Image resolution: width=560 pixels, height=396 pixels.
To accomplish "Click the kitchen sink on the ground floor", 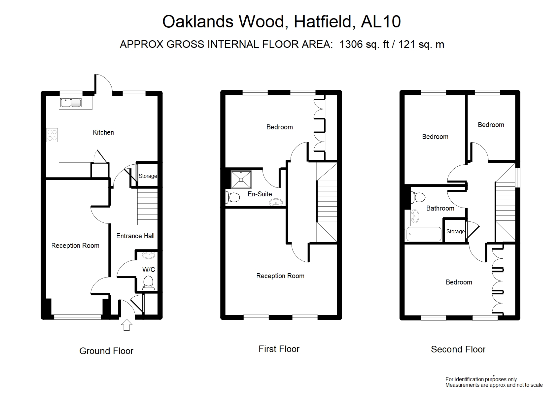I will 71,103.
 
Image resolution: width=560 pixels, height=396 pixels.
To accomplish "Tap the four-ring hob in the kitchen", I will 52,135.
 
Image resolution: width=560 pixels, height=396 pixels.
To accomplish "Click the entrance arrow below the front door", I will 126,325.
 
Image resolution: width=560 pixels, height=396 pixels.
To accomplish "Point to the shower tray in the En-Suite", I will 241,179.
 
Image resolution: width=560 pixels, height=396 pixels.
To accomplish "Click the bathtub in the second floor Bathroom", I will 423,234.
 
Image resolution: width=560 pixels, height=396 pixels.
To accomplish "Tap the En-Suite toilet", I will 233,197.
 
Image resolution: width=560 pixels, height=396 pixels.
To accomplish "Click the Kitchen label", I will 103,132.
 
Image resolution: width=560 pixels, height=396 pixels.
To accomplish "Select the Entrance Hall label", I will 135,236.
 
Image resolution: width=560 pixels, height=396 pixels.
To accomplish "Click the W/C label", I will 149,270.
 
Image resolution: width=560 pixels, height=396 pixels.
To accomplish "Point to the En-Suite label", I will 260,194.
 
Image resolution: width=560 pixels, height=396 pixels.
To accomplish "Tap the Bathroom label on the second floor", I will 440,208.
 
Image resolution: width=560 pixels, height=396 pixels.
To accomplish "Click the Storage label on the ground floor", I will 148,176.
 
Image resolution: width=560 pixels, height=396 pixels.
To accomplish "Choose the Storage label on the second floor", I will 455,232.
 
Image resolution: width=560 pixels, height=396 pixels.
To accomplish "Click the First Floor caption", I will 279,349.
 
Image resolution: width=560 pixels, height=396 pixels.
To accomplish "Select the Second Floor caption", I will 458,349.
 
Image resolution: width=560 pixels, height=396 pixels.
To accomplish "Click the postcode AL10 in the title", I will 381,22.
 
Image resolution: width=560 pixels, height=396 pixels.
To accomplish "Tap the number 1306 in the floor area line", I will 351,45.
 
